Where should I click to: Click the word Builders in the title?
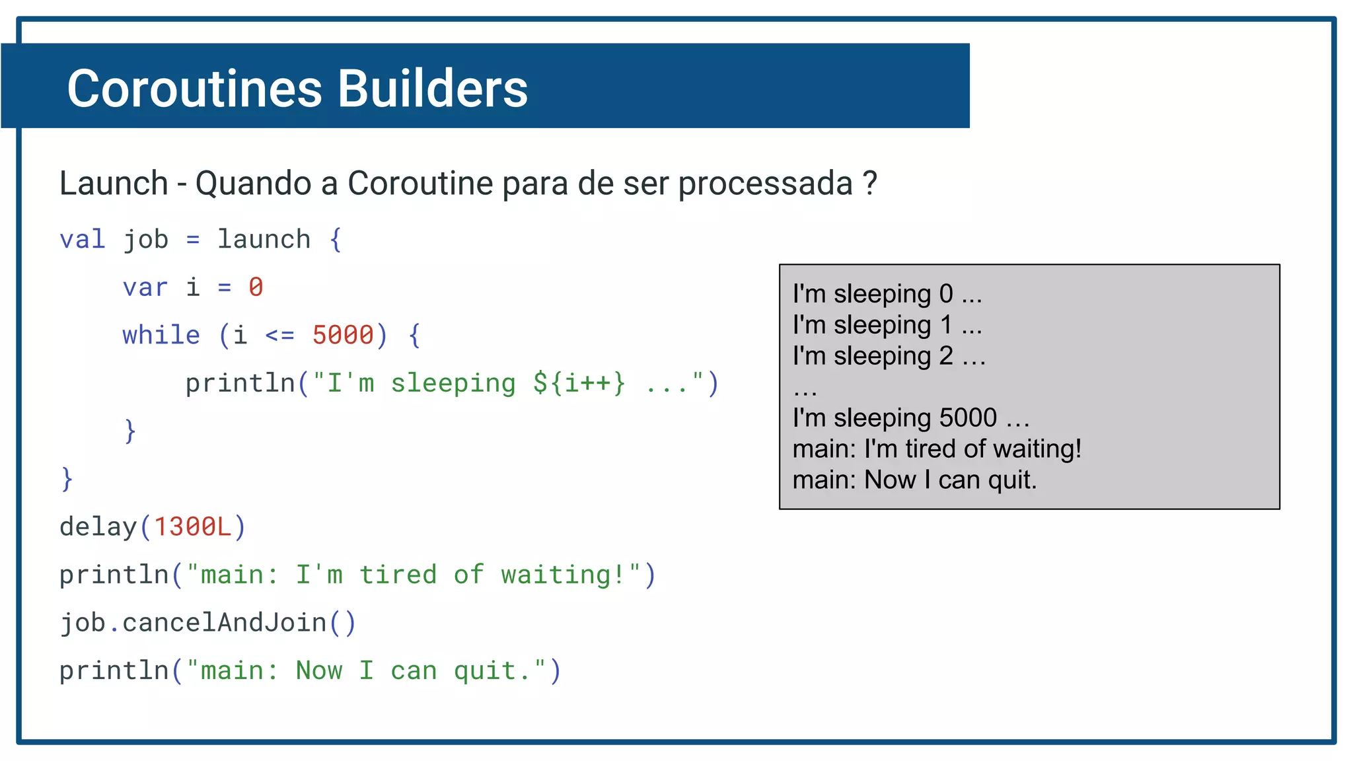coord(433,89)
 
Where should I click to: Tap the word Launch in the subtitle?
coord(114,183)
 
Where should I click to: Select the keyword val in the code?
coord(82,239)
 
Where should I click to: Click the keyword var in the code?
coord(145,287)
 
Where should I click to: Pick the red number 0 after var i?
coord(256,287)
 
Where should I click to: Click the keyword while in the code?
coord(161,335)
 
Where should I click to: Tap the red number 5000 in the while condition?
coord(343,335)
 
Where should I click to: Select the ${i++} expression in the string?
coord(579,383)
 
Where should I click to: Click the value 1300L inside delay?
coord(192,526)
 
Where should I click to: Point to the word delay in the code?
coord(98,526)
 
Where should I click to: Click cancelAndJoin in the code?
coord(225,622)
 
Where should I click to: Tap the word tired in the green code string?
coord(398,575)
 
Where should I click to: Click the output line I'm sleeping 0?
coord(887,293)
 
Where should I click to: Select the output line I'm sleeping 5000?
coord(910,417)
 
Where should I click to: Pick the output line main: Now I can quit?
coord(914,480)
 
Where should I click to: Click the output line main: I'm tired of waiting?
coord(936,449)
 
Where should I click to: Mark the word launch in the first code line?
coord(264,239)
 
